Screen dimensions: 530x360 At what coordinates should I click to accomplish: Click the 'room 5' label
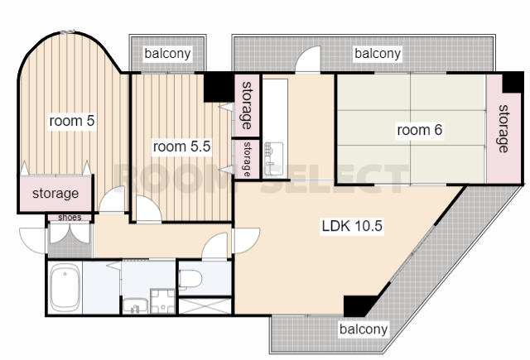pyautogui.click(x=72, y=121)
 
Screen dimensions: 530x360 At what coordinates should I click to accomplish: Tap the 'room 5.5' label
pyautogui.click(x=182, y=146)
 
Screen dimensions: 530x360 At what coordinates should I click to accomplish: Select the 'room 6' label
pyautogui.click(x=420, y=130)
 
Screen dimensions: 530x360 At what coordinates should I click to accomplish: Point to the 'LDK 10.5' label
pyautogui.click(x=352, y=226)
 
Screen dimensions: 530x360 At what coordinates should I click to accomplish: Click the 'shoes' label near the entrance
pyautogui.click(x=70, y=217)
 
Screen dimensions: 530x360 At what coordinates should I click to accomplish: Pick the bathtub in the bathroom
pyautogui.click(x=65, y=288)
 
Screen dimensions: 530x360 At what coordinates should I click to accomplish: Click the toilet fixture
pyautogui.click(x=190, y=280)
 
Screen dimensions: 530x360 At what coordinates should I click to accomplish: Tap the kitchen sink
pyautogui.click(x=274, y=159)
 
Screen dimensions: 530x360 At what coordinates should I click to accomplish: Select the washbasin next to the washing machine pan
pyautogui.click(x=135, y=306)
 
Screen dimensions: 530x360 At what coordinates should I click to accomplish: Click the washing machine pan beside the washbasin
pyautogui.click(x=162, y=301)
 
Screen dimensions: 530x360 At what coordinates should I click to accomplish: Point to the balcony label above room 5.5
pyautogui.click(x=167, y=54)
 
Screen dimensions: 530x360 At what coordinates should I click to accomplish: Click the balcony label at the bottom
pyautogui.click(x=364, y=329)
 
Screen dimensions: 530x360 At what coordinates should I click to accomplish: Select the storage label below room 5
pyautogui.click(x=55, y=194)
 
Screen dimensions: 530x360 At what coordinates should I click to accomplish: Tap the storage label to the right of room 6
pyautogui.click(x=503, y=128)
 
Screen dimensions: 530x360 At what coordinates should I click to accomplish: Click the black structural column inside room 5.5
pyautogui.click(x=219, y=88)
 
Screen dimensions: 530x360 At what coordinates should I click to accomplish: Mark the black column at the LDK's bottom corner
pyautogui.click(x=358, y=306)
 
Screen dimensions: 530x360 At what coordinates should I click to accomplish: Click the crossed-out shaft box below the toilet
pyautogui.click(x=205, y=306)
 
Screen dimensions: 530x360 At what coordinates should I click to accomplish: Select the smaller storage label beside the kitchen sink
pyautogui.click(x=247, y=159)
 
